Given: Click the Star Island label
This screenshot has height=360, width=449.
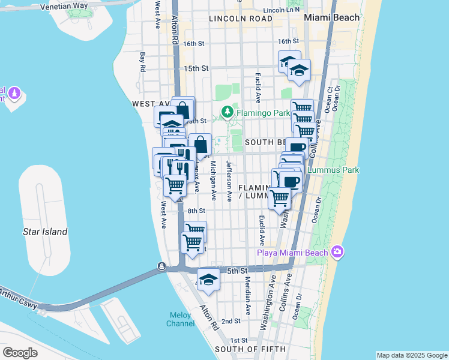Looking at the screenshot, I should tap(45, 232).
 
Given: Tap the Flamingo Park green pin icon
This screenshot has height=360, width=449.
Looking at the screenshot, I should tap(228, 112).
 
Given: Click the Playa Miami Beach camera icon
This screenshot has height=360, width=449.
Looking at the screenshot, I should tap(337, 252).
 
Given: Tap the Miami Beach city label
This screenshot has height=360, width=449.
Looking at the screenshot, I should tap(331, 18).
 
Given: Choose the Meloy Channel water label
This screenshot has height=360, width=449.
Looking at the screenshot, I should tap(181, 319).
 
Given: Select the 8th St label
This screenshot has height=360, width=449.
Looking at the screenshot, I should tap(196, 211).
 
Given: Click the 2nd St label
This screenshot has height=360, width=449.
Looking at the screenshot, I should tap(231, 322).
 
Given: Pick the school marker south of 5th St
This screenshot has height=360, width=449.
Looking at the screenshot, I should tap(208, 280).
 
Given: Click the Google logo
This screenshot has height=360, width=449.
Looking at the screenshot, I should tap(20, 353).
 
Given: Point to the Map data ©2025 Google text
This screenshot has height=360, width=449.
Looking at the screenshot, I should tap(412, 355).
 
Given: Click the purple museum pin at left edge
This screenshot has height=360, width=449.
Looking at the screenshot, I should tap(15, 94).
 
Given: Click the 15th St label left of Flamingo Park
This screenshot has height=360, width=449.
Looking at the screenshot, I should tap(196, 68).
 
